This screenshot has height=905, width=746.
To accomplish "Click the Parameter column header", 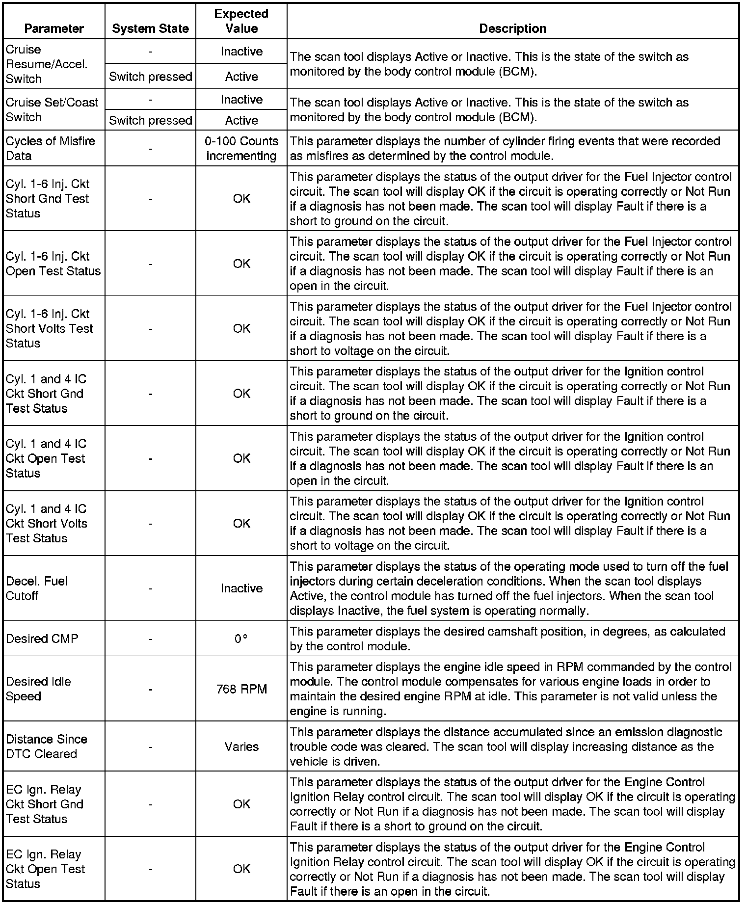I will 54,28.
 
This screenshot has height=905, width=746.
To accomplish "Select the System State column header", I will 150,28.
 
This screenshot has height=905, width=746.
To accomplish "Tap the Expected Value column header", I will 241,21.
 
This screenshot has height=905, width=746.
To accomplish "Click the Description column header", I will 512,28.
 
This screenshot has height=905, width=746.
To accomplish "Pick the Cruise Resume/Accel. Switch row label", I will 47,64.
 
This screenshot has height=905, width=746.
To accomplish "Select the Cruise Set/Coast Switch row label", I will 52,109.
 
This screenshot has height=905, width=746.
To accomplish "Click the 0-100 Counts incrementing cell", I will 241,148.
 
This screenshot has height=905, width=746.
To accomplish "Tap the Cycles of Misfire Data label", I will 50,148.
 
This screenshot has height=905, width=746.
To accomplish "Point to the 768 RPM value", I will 241,689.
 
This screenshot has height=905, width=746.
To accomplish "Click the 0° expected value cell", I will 240,639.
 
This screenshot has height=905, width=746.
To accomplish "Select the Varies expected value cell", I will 241,746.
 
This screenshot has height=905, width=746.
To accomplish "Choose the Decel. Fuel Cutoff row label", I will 37,588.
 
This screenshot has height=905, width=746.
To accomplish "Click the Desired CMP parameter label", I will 42,639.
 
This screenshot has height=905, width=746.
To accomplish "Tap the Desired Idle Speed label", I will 38,689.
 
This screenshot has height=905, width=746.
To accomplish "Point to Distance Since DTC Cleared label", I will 47,746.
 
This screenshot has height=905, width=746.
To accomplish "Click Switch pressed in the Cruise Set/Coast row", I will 150,120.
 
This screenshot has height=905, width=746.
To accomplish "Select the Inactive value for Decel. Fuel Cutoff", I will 241,588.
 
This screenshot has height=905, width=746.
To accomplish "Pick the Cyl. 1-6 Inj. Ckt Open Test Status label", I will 53,264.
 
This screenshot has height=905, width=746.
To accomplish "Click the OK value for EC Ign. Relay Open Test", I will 241,869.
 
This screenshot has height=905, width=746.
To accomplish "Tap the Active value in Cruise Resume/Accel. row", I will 241,77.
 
